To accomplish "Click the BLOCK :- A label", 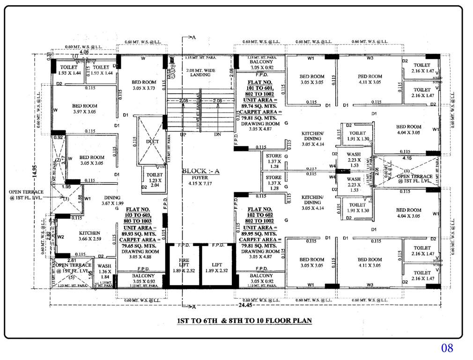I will [x=200, y=171].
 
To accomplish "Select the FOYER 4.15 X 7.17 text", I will [x=200, y=181].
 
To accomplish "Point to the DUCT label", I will [x=152, y=142].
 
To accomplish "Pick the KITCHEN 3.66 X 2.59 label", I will [x=89, y=236].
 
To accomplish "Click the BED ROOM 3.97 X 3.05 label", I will [x=84, y=109].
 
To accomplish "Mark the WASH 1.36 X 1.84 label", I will [x=104, y=271].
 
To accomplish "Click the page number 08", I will [x=447, y=348].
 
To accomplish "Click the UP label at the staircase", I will [x=183, y=135].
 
